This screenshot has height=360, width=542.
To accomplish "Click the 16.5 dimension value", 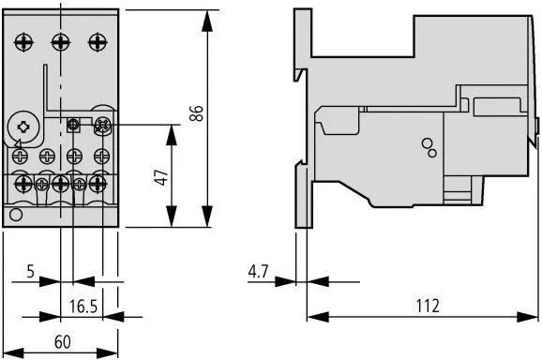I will (x=84, y=307).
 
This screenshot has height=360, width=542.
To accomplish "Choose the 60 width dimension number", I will (x=62, y=342).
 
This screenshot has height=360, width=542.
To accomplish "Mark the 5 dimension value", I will (x=30, y=272).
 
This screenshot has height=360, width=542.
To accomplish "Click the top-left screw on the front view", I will (x=23, y=41).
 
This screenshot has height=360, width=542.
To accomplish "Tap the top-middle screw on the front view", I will (x=60, y=41).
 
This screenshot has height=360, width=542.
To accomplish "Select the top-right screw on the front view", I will (x=97, y=41).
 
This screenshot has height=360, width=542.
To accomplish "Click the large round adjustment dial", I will (x=23, y=125).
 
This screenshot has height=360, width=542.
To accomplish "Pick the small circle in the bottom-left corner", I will (x=16, y=217).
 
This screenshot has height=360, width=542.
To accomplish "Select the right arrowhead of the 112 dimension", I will (x=531, y=315).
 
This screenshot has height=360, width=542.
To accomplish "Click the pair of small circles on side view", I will (x=429, y=146).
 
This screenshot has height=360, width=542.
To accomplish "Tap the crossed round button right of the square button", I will (x=101, y=124).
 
